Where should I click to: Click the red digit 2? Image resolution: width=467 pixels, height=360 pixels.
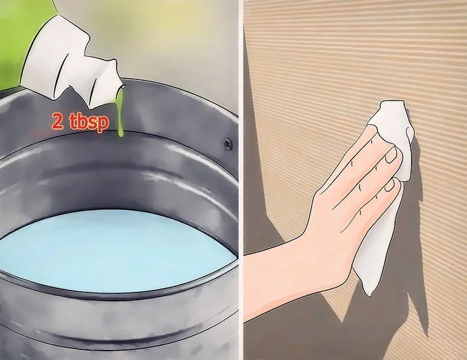(x=58, y=121)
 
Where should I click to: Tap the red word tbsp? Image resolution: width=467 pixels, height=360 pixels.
(x=88, y=121)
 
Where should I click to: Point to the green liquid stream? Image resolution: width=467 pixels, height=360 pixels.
(x=119, y=113)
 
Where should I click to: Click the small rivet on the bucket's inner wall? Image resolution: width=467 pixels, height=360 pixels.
(x=228, y=144)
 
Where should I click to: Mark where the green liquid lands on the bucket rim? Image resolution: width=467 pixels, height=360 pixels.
(x=121, y=135)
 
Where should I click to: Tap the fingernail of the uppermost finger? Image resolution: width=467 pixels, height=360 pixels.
(x=392, y=155)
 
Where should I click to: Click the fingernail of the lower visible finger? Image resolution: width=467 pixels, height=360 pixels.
(x=390, y=185)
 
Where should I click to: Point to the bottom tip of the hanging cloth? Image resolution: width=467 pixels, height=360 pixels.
(x=370, y=294)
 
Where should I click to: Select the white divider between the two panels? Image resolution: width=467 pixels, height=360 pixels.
(x=241, y=180)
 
